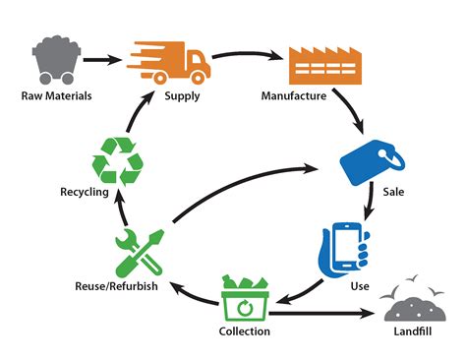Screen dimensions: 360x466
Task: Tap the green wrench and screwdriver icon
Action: pyautogui.click(x=139, y=253)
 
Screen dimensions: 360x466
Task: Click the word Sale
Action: pyautogui.click(x=394, y=191)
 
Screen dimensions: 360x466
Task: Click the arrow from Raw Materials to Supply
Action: pyautogui.click(x=103, y=60)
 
